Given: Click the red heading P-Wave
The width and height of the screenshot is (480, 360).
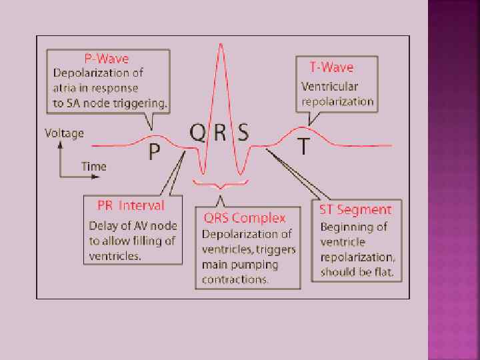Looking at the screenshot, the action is click(106, 59).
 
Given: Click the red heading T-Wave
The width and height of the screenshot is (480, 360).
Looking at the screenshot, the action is click(331, 67).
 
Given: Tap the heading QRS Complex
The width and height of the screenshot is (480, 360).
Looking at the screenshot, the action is click(245, 218).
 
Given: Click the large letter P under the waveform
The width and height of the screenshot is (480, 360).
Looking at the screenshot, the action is click(154, 152).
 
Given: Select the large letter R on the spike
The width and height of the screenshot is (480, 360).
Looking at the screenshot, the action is click(220, 133).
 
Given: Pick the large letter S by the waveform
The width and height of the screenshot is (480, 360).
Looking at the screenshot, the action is click(243, 133).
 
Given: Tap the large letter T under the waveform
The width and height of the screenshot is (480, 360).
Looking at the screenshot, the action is click(303, 147).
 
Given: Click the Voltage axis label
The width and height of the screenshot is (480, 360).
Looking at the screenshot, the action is click(64, 133).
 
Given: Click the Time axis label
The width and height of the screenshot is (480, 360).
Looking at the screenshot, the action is click(93, 165).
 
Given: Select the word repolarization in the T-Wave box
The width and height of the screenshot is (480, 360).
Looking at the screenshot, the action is click(337, 103).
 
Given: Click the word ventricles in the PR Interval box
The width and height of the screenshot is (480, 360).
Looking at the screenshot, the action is click(115, 256).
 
